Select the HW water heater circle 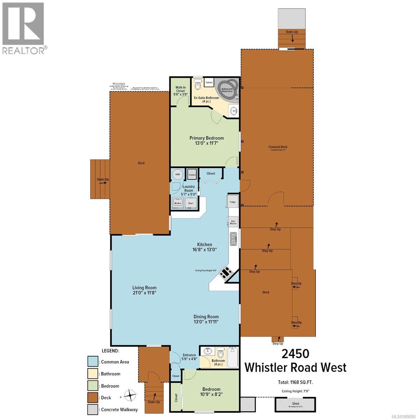point(178,174)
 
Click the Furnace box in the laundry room point(192,174)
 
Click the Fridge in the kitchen point(233,201)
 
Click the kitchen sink point(233,240)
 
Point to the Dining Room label point(206,317)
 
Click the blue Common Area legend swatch point(93,362)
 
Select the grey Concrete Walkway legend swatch point(93,410)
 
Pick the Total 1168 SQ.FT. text point(296,382)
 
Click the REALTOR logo point(23,28)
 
